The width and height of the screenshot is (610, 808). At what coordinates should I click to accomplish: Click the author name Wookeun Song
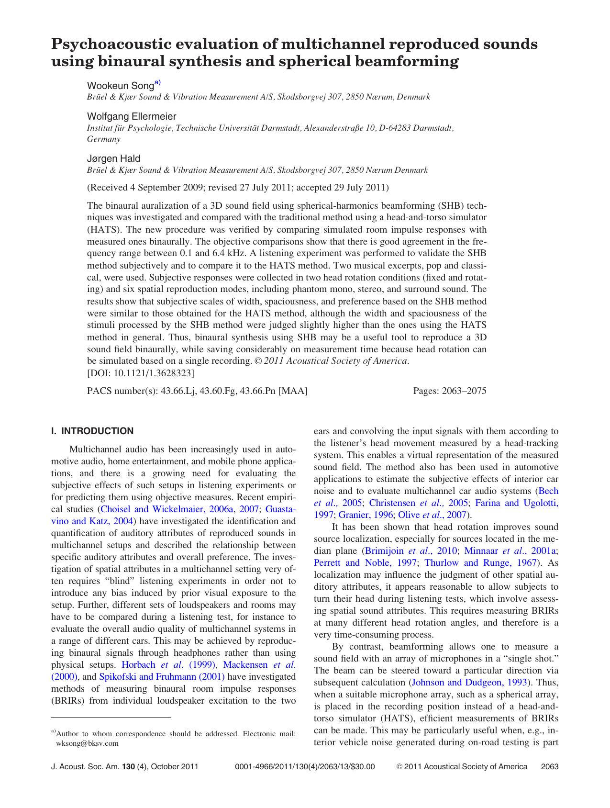click(120, 86)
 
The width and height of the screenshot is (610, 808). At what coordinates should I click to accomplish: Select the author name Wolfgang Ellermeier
click(132, 116)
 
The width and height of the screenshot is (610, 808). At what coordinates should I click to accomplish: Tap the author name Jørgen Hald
click(113, 158)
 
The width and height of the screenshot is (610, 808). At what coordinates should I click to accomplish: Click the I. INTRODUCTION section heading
click(92, 431)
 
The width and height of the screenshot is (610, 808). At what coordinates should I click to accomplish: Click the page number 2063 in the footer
click(549, 766)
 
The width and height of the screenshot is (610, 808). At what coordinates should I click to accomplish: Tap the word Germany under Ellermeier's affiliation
click(103, 139)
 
